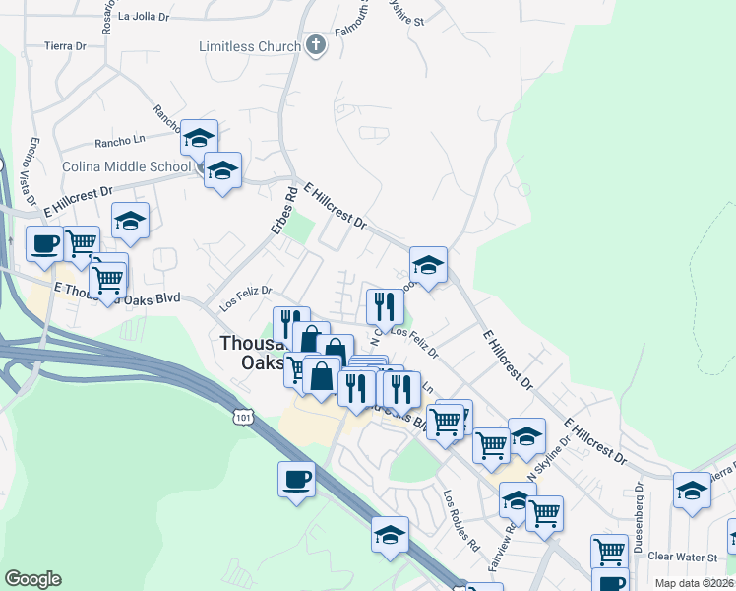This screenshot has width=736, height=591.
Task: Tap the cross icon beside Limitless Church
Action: point(316,45)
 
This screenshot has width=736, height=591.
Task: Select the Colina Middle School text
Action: point(126,167)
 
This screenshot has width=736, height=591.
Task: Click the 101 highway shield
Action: point(240,419)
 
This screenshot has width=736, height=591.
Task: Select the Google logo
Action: point(32,579)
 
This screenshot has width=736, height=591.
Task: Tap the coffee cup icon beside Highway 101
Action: point(296,480)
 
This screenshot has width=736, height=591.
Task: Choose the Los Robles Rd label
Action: point(460,520)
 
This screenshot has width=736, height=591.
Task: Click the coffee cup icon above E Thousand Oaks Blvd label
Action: point(44,243)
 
